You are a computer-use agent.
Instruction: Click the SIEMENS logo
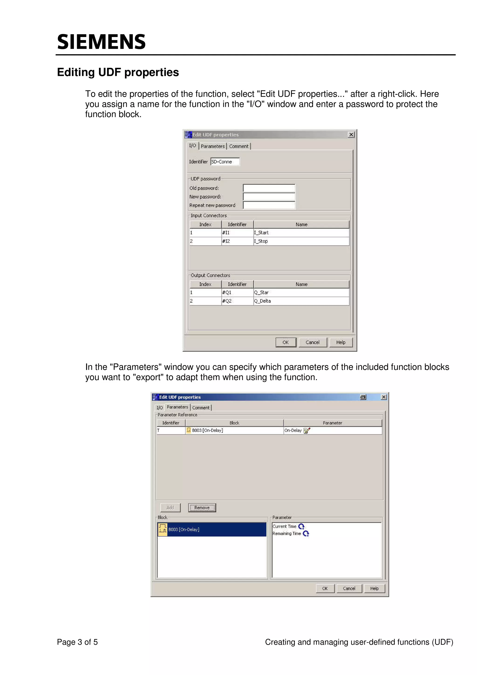[x=101, y=42]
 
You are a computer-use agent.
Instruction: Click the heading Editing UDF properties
[x=118, y=72]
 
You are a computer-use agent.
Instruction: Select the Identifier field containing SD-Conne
[x=225, y=162]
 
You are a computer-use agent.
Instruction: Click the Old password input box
[x=269, y=188]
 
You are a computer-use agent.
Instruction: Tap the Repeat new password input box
[x=269, y=205]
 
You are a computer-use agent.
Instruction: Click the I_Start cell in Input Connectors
[x=301, y=232]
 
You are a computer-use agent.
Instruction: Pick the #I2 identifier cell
[x=237, y=241]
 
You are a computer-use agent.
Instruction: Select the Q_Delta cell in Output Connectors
[x=301, y=301]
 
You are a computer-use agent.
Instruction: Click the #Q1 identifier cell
[x=237, y=292]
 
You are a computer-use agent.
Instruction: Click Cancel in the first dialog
[x=312, y=342]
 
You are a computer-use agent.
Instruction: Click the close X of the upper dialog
[x=351, y=135]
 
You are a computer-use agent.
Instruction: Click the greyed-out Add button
[x=170, y=508]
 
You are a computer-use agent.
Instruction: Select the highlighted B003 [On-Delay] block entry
[x=212, y=529]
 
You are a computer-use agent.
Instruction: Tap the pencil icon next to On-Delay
[x=307, y=430]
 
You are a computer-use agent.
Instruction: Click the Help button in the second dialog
[x=374, y=588]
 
